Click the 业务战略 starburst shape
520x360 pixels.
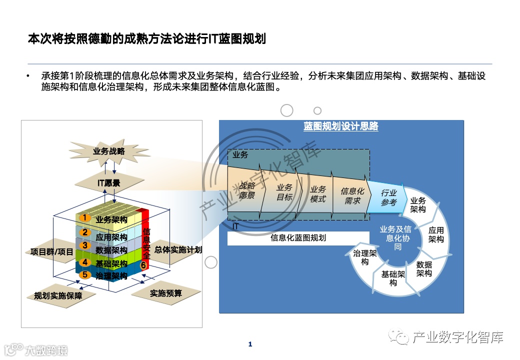[109, 151]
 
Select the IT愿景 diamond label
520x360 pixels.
[108, 183]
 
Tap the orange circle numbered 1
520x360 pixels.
[85, 217]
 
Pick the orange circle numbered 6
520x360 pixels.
[143, 265]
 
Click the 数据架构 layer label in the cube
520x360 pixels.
[111, 250]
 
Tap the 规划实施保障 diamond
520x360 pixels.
[55, 295]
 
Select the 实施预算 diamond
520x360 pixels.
[166, 293]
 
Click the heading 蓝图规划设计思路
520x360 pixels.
[341, 126]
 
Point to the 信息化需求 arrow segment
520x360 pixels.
[352, 196]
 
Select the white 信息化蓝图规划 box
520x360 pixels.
[298, 238]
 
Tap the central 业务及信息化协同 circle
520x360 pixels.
[395, 237]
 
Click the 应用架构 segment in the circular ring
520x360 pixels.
[436, 235]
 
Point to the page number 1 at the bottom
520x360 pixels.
[250, 344]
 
